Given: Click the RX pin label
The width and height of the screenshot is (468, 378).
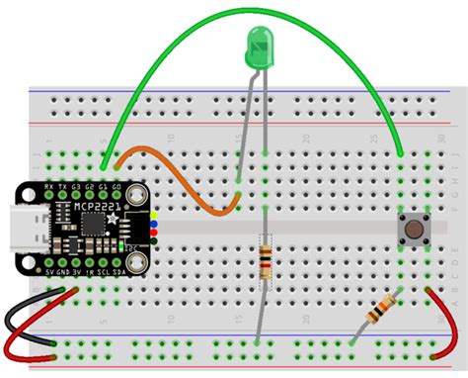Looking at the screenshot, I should coord(49,186).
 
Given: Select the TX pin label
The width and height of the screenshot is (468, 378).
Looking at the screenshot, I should coord(63,186).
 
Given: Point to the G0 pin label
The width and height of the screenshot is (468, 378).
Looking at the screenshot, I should coord(117,186).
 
